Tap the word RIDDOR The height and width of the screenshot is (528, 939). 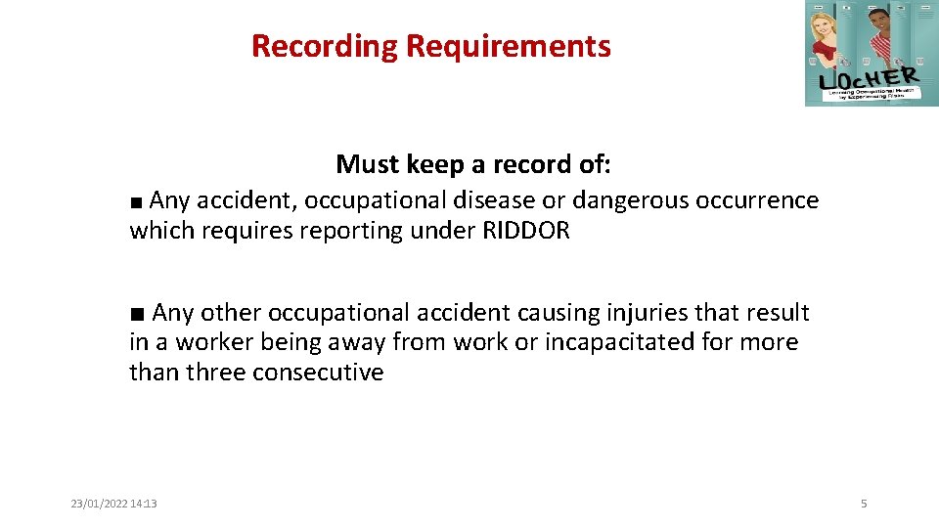(x=525, y=231)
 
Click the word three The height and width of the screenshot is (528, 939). (x=216, y=373)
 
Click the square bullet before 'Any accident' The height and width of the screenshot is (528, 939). (x=137, y=202)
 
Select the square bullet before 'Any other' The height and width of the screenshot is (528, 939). (x=137, y=315)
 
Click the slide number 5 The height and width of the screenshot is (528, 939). (x=864, y=504)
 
